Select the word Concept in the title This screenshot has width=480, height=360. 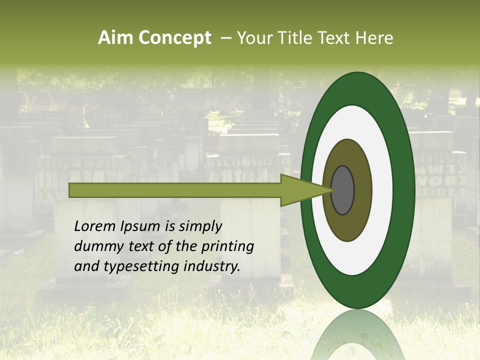coord(174,38)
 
